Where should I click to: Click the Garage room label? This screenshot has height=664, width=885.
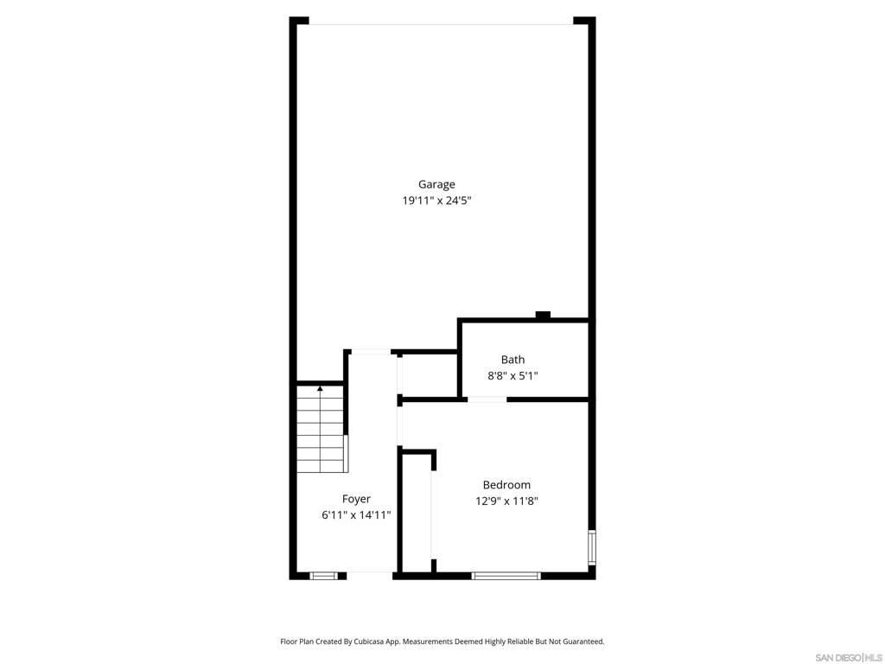click(x=436, y=185)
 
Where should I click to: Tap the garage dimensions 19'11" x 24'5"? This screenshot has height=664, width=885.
click(x=436, y=201)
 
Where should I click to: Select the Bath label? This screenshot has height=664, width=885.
click(x=513, y=360)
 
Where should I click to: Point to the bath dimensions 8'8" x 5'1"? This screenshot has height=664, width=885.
click(x=513, y=375)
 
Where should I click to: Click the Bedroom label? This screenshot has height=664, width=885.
click(x=506, y=485)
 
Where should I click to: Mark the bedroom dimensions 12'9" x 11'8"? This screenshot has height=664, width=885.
click(x=506, y=501)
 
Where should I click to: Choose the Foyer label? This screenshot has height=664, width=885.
click(x=356, y=499)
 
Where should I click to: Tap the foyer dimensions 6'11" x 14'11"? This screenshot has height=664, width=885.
click(x=356, y=515)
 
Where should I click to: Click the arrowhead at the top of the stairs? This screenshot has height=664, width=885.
click(x=320, y=388)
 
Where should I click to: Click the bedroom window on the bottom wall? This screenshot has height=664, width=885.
click(x=506, y=576)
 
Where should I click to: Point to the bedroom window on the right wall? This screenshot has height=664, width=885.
click(x=591, y=547)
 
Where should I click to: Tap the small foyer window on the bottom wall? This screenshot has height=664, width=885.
click(x=323, y=576)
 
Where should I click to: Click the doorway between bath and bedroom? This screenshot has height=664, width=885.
click(x=487, y=399)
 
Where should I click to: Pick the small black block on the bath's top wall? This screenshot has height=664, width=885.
click(x=543, y=315)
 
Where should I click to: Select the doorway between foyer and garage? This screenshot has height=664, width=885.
click(x=370, y=353)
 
